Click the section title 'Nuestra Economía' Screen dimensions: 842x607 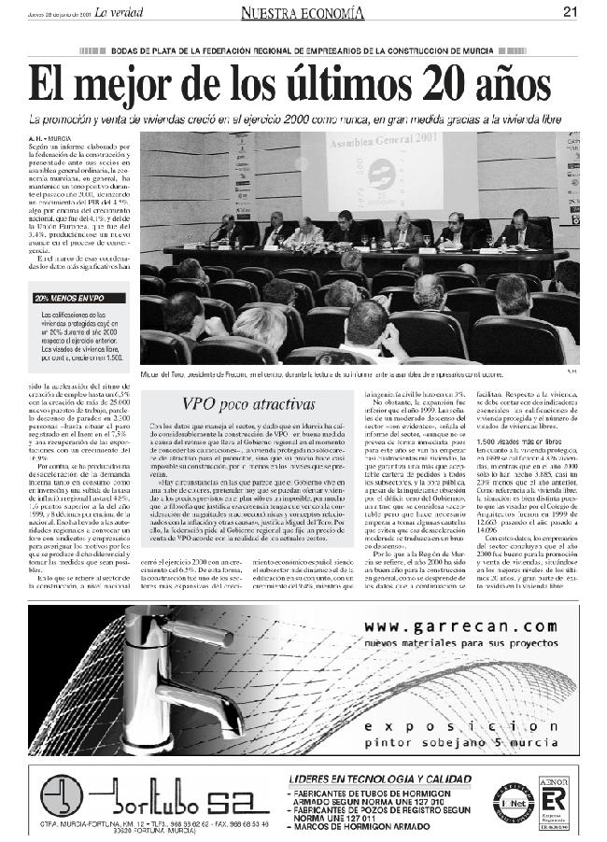[x=300, y=12]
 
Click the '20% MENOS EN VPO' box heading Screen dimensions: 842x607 [x=70, y=299]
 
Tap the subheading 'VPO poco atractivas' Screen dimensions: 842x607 [x=247, y=404]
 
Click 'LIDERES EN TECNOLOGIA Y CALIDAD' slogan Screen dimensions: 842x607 [x=375, y=778]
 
